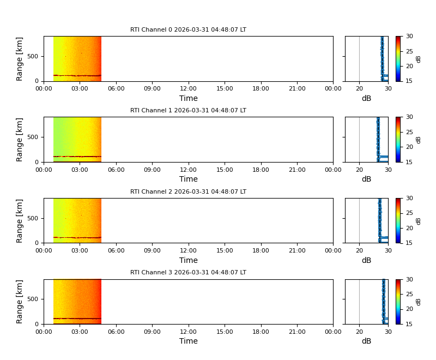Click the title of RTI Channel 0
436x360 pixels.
pos(188,30)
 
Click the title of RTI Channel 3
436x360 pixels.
pos(188,272)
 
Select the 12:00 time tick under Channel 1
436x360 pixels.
pos(189,170)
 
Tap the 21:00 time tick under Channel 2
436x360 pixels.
pos(297,250)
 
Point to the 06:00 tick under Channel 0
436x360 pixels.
pos(116,89)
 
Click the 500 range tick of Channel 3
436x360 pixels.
pos(32,299)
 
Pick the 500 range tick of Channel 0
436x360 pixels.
pos(32,56)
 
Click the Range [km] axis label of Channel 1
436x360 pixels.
pos(20,139)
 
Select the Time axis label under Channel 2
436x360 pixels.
pos(189,260)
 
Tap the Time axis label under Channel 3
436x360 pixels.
pos(189,341)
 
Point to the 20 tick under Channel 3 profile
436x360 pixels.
pos(359,332)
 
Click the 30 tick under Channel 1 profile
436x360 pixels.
pos(387,170)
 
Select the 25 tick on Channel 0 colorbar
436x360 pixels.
pos(409,51)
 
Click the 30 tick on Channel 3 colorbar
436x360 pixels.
pos(409,279)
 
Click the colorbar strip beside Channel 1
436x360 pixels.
pos(398,139)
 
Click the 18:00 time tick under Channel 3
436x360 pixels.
pos(261,332)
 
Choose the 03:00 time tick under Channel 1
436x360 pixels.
pos(80,170)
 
